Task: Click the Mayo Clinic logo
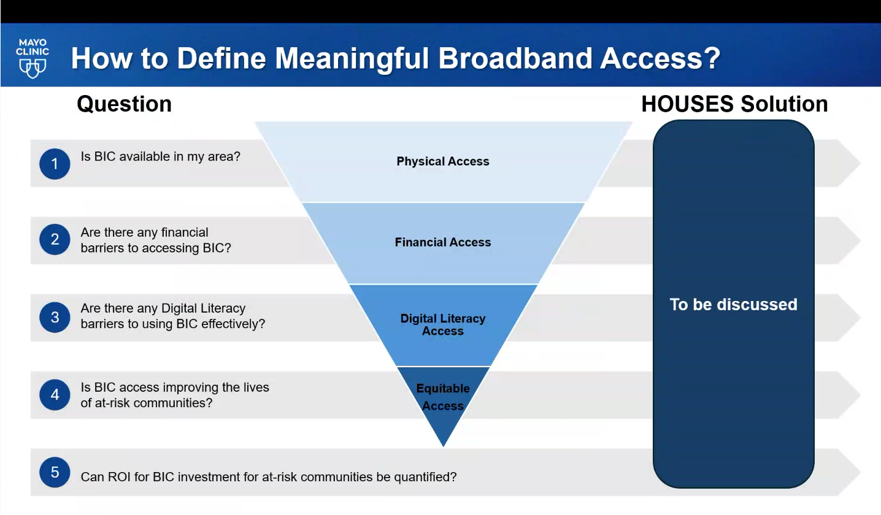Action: point(33,58)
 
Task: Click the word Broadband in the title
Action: point(515,58)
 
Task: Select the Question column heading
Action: point(125,104)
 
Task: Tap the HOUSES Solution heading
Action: point(734,104)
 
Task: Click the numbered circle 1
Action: point(55,164)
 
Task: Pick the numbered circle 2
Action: point(55,240)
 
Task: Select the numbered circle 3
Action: point(55,317)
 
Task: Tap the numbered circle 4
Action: point(55,395)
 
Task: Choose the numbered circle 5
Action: point(55,472)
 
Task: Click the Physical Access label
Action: point(443,161)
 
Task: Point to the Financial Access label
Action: point(443,242)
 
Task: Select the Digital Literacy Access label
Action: point(443,325)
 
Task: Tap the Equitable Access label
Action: point(443,397)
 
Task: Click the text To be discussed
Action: point(734,305)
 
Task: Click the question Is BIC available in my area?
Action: point(161,157)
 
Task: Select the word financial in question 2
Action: point(185,233)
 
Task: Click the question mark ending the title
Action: point(712,58)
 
